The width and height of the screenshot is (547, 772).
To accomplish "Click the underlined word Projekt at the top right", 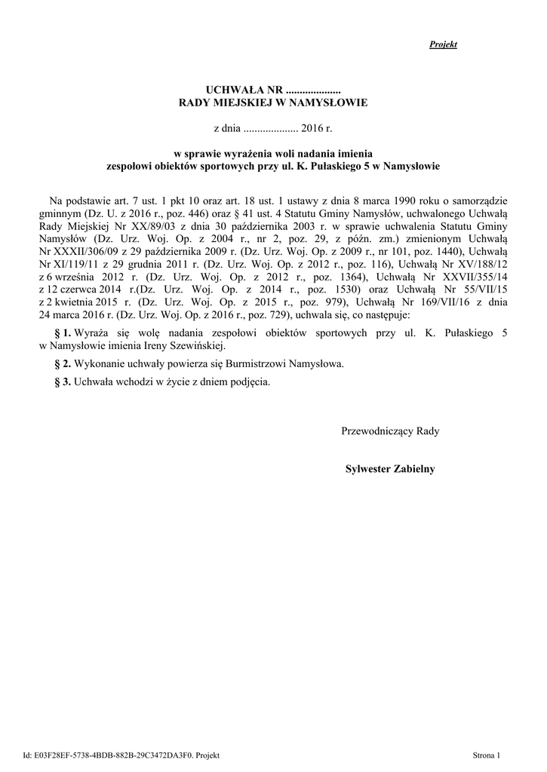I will (443, 44).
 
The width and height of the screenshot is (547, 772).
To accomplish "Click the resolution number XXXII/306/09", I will (88, 251).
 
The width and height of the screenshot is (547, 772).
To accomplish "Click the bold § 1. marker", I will (63, 332).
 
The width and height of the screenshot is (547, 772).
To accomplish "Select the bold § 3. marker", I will (63, 381).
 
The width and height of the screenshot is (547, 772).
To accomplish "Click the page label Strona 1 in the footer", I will (486, 755).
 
